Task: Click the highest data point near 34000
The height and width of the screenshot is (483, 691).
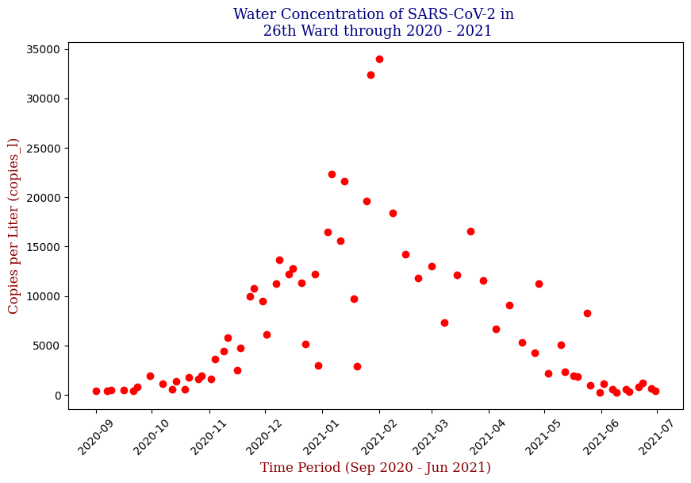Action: tap(379, 59)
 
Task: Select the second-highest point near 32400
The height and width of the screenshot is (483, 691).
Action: tap(370, 75)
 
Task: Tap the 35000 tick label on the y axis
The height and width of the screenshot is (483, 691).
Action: tap(44, 49)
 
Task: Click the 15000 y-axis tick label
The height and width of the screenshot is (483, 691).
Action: tap(44, 247)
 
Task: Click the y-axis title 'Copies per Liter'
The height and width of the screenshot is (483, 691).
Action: tap(13, 226)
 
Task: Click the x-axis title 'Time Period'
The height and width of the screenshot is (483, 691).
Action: tap(375, 468)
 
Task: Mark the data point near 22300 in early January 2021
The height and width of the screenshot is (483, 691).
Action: tap(332, 174)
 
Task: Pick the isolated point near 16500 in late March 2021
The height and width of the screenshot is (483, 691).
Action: tap(470, 231)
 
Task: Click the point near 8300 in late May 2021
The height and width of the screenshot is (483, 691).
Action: tap(587, 313)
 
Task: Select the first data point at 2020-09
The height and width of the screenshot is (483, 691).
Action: tap(96, 391)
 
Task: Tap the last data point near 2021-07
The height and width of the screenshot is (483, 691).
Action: tap(655, 391)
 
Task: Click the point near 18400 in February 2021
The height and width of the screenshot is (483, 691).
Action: tap(393, 213)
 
